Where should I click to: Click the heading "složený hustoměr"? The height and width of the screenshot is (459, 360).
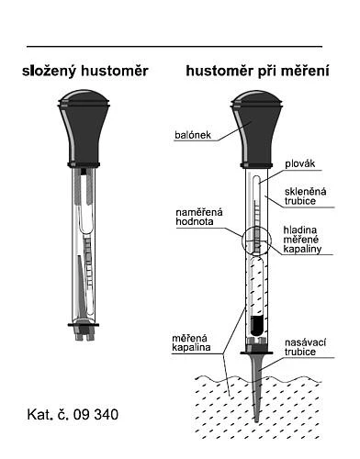(x=85, y=72)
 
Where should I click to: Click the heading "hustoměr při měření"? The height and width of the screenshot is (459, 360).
(x=258, y=72)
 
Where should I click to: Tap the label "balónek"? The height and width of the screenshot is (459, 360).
(x=193, y=135)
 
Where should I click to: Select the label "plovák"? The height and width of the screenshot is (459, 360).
(x=300, y=163)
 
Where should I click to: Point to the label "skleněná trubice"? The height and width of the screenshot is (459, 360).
(x=305, y=196)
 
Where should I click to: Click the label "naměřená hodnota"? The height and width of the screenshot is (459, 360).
(x=199, y=217)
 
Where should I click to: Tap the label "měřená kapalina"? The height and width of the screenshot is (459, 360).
(x=191, y=342)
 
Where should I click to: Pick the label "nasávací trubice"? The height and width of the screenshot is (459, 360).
(x=305, y=347)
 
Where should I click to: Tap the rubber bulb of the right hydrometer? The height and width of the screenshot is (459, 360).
(x=256, y=128)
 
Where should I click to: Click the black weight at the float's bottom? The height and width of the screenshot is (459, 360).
(x=256, y=325)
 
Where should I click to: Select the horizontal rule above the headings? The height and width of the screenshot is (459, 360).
(x=174, y=47)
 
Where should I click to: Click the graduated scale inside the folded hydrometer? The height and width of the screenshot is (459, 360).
(x=88, y=262)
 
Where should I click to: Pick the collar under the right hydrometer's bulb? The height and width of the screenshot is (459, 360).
(x=256, y=165)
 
